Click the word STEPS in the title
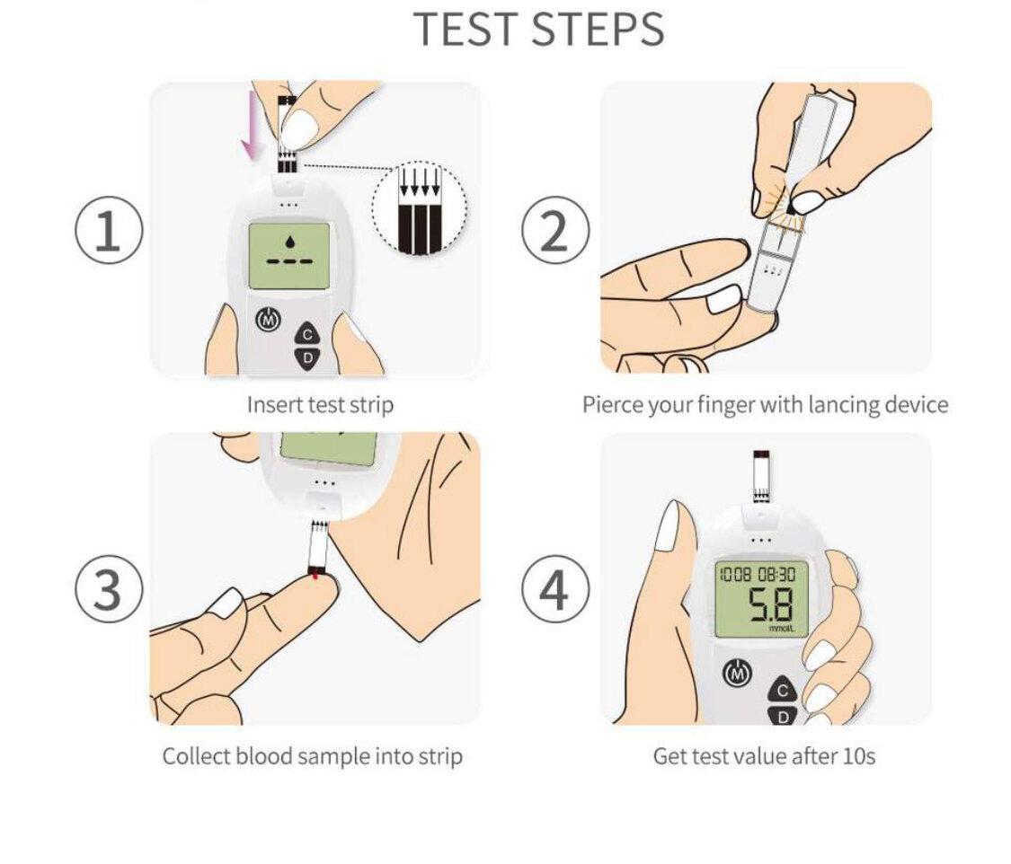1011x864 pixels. (598, 29)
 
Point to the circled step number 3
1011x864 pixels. (108, 590)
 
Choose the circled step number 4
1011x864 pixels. (555, 590)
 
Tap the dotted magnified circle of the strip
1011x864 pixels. (420, 206)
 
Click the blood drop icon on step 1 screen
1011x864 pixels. (288, 242)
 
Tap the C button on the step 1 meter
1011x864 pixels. (308, 334)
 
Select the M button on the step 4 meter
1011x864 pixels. (736, 672)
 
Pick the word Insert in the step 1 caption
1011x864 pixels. (274, 405)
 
